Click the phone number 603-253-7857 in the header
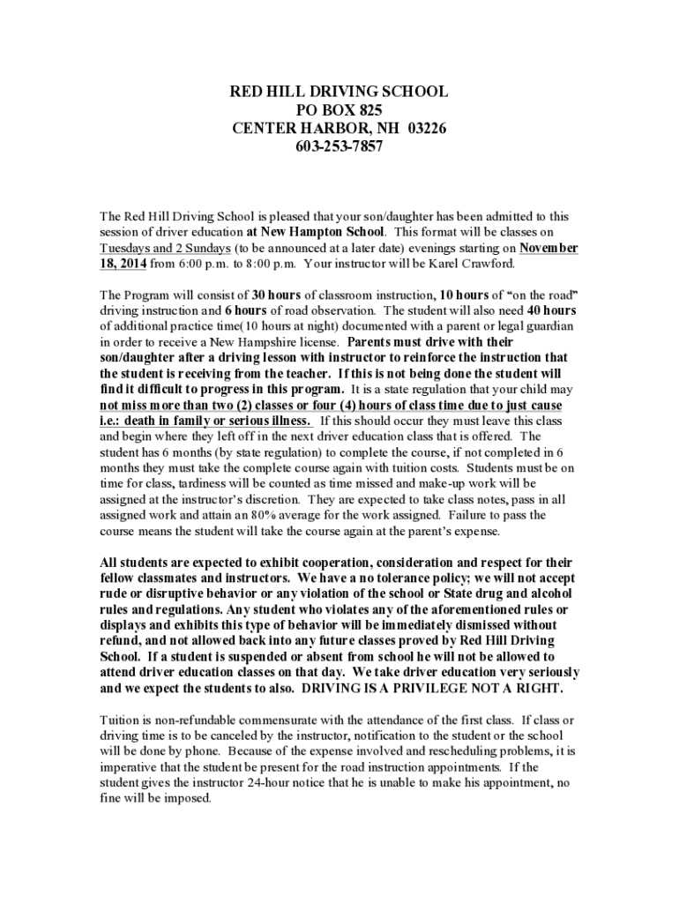(339, 146)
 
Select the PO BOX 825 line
(339, 110)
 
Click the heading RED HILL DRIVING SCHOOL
(339, 92)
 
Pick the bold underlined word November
(548, 248)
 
